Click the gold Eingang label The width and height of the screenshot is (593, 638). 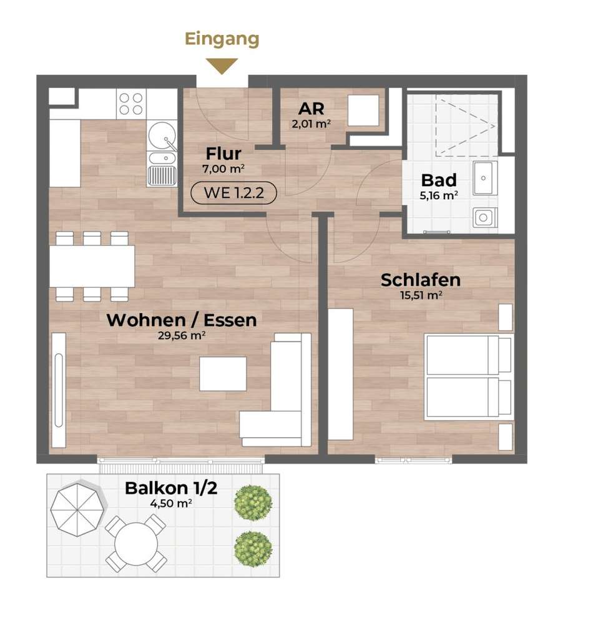click(222, 40)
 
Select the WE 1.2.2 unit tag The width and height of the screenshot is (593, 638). click(234, 193)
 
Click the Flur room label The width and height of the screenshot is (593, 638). click(223, 154)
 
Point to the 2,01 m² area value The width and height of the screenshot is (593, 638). click(311, 124)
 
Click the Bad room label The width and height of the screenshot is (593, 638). click(439, 180)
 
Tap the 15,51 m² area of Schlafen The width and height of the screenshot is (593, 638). click(421, 295)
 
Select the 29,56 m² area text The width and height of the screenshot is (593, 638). click(182, 335)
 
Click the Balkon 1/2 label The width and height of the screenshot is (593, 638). click(171, 488)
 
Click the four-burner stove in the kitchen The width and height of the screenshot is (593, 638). click(131, 104)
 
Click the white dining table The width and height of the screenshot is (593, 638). click(92, 267)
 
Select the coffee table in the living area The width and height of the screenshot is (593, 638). click(223, 374)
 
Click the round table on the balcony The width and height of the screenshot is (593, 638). click(136, 544)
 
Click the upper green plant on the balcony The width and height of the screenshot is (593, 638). click(253, 503)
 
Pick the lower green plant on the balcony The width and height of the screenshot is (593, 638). click(253, 550)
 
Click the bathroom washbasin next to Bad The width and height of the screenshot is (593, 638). click(485, 178)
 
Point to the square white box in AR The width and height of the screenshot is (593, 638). click(363, 110)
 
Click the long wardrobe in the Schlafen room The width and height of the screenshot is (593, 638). click(340, 375)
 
